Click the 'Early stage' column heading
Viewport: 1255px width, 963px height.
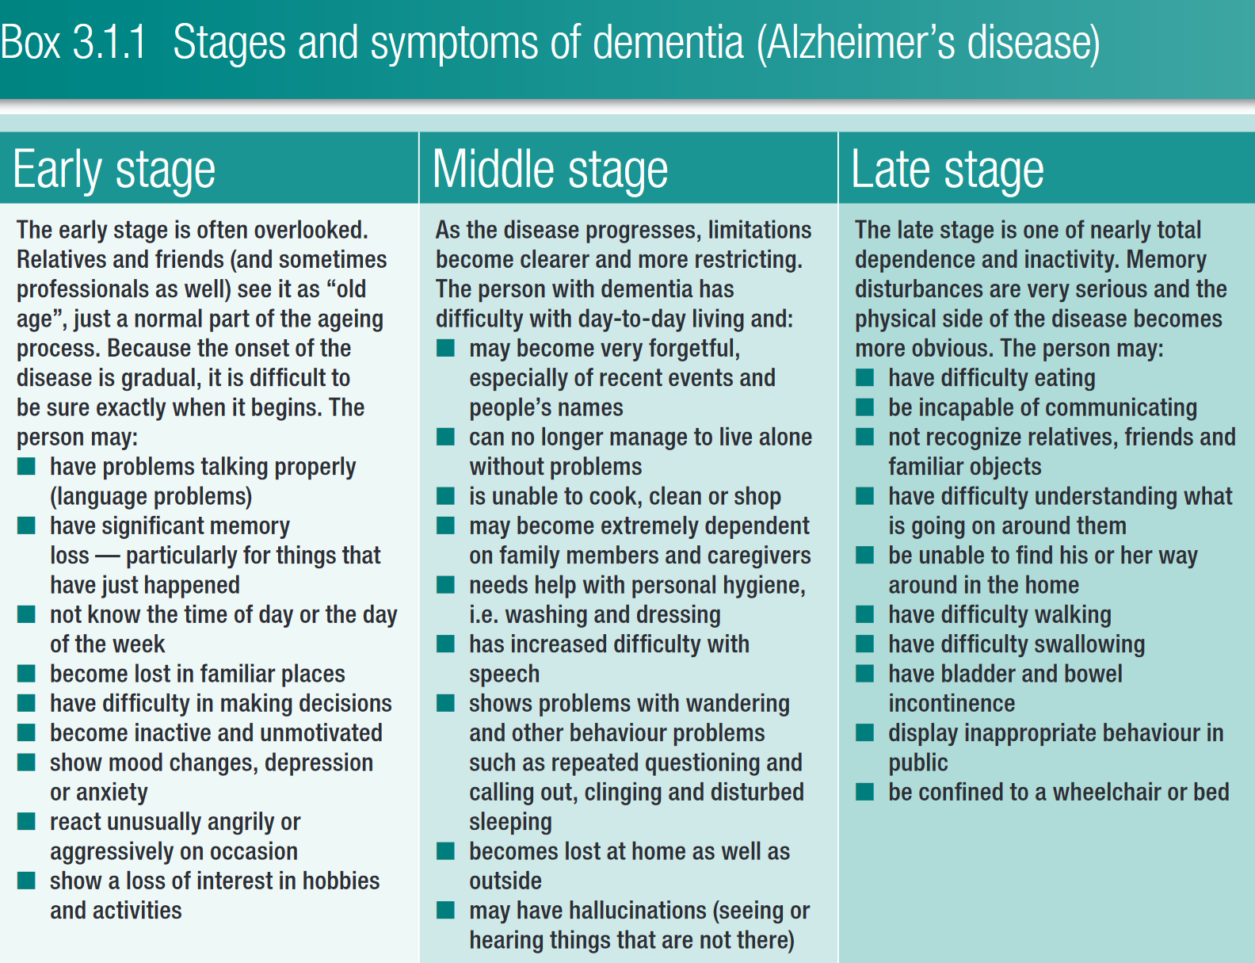pos(114,170)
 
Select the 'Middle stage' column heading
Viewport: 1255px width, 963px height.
pos(550,170)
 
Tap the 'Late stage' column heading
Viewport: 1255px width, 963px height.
pos(947,170)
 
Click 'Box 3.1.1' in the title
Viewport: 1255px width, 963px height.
pos(73,42)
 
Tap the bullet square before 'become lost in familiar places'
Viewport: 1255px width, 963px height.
pos(26,672)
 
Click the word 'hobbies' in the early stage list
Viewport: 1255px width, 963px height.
pos(341,881)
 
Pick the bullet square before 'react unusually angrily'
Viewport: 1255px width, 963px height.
pos(26,821)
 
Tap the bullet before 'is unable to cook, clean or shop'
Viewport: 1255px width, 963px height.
pos(445,495)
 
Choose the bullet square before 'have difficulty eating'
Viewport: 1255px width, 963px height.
pos(864,377)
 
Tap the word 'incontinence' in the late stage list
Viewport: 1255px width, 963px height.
pos(952,703)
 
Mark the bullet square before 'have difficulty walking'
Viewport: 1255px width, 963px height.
pos(864,613)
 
